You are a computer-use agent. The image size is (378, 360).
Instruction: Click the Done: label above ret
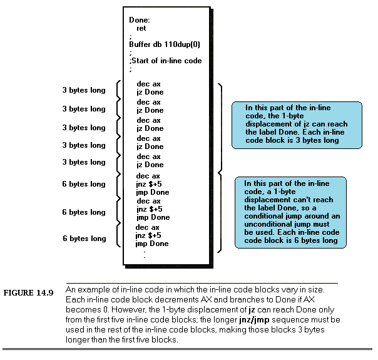coord(140,20)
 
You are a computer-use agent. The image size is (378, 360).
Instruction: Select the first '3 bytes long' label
coord(84,90)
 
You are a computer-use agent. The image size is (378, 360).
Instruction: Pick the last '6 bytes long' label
coord(84,239)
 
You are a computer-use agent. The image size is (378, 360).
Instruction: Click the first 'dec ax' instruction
coord(148,83)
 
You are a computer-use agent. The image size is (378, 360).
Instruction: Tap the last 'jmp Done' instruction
coord(152,244)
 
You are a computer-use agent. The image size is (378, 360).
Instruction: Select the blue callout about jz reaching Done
coord(297,124)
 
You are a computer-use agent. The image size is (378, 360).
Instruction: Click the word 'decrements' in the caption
coord(192,301)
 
